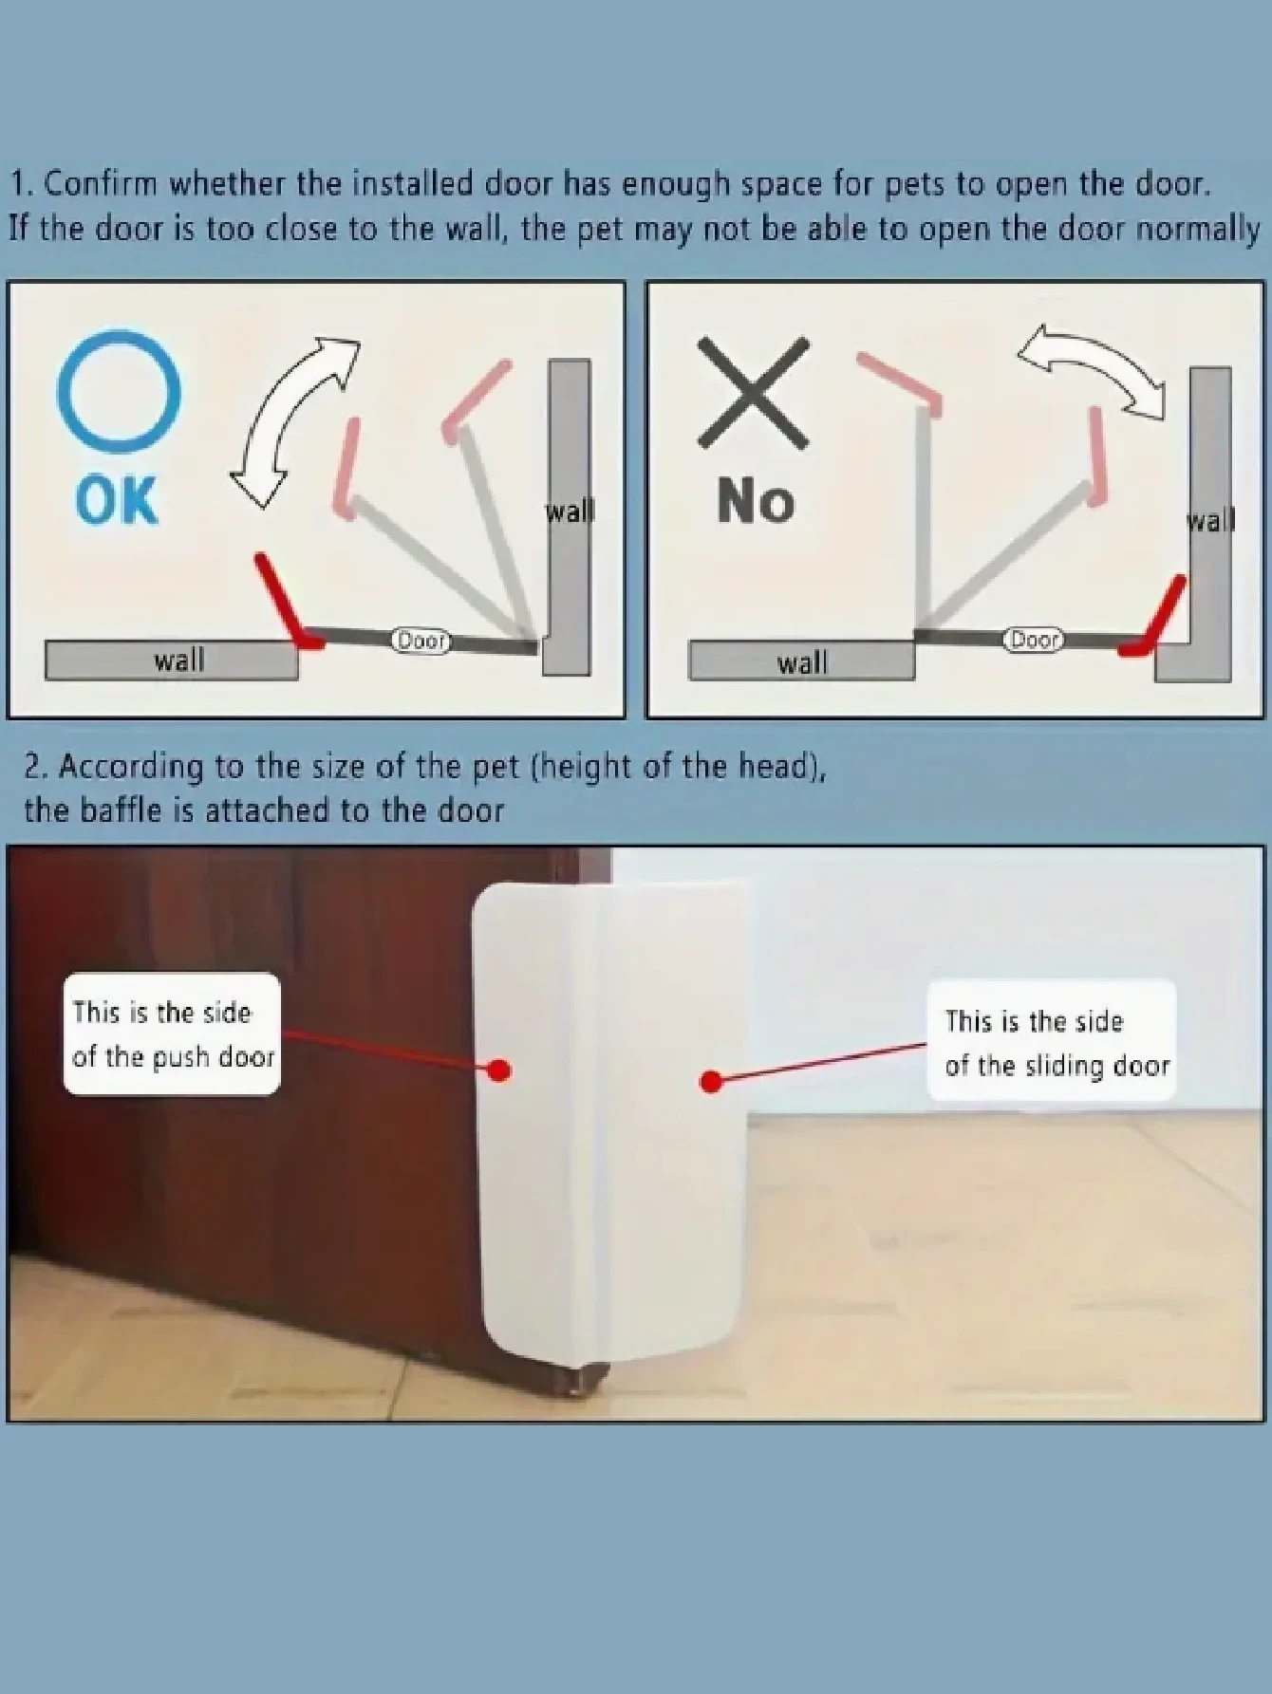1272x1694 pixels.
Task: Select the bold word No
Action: tap(756, 499)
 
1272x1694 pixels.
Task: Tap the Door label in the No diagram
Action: tap(1034, 640)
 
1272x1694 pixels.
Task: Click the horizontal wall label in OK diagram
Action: tap(178, 660)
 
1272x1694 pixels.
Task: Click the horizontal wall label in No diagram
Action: tap(802, 661)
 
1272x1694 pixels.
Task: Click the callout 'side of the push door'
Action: tap(172, 1034)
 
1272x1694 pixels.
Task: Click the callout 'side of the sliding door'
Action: tap(1052, 1042)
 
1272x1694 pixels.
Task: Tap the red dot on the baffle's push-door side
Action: tap(499, 1070)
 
